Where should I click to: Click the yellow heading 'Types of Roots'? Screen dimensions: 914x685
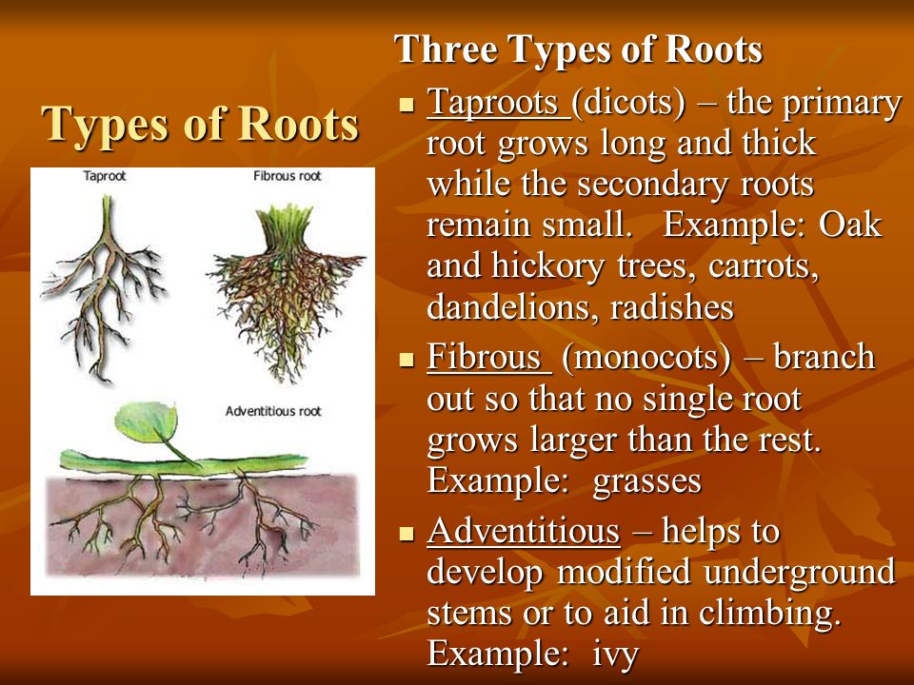tap(200, 124)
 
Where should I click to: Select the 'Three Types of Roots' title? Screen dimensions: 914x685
tap(578, 49)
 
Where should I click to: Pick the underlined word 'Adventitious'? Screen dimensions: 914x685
tap(524, 531)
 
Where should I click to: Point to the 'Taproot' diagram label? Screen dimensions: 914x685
tap(105, 176)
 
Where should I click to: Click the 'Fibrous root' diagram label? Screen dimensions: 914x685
tap(288, 176)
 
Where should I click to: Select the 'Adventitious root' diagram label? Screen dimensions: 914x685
tap(273, 411)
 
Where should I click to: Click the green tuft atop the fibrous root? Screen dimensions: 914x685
tap(285, 228)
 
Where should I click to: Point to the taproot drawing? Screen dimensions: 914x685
tap(104, 289)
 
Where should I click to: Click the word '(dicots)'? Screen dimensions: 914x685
tap(629, 103)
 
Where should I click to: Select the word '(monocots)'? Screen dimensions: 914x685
tap(646, 358)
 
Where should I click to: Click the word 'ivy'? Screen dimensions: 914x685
tap(616, 655)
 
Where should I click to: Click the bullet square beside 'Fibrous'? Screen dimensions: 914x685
tap(407, 360)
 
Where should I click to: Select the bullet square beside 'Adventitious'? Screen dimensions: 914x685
tap(407, 534)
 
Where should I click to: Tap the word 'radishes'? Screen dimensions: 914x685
tap(671, 306)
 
